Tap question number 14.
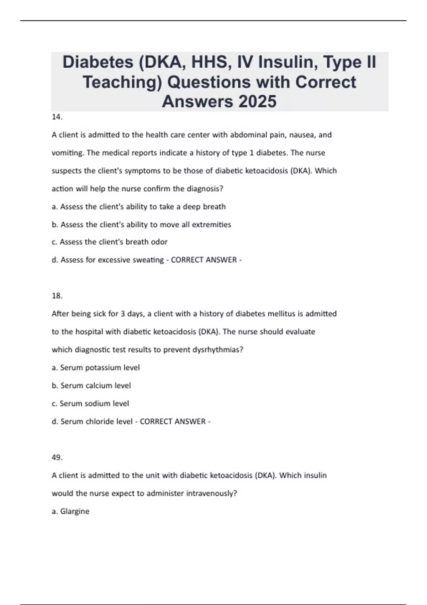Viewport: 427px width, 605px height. click(x=57, y=117)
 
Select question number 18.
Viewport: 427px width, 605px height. click(x=57, y=296)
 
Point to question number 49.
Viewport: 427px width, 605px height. click(x=57, y=457)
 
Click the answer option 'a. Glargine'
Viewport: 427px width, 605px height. click(x=70, y=511)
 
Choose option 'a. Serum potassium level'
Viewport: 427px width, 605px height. click(x=96, y=368)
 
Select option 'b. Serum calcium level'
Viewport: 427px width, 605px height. click(x=91, y=385)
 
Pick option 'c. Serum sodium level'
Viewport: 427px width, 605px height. click(x=90, y=404)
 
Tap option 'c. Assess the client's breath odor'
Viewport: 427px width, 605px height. click(x=110, y=242)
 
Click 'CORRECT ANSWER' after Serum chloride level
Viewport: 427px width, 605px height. click(x=173, y=422)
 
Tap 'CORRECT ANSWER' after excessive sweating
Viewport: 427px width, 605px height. click(x=204, y=260)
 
